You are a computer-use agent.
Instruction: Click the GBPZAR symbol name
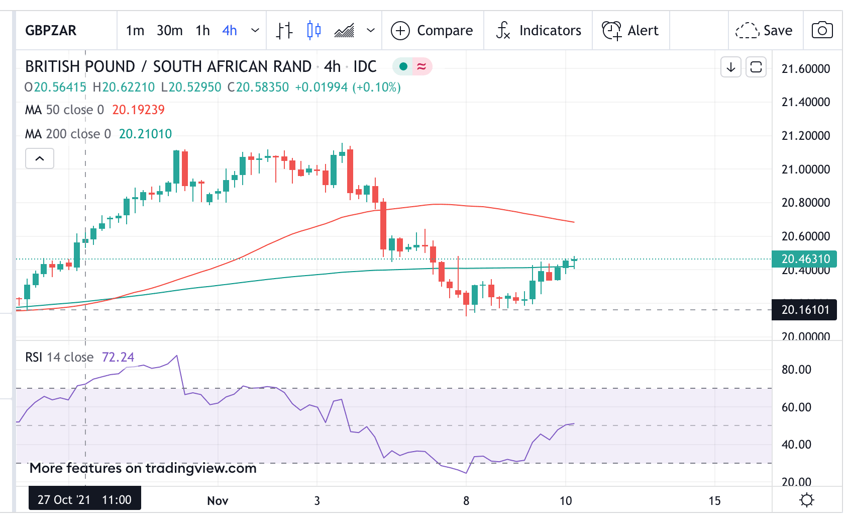click(x=51, y=31)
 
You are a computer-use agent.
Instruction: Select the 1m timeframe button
click(x=135, y=31)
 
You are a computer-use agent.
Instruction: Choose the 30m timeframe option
click(x=169, y=31)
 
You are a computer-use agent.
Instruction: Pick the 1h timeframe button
click(x=202, y=31)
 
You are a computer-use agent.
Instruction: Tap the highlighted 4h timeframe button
click(x=230, y=31)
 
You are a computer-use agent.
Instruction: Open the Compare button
click(x=432, y=31)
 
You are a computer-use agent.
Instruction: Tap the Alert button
click(x=630, y=31)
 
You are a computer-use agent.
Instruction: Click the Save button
click(x=764, y=31)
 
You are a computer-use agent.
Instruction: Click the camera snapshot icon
click(x=822, y=31)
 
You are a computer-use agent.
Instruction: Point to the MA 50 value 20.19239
click(x=138, y=110)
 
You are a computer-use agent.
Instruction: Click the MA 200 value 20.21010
click(x=145, y=134)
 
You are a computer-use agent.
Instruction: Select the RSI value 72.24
click(x=118, y=357)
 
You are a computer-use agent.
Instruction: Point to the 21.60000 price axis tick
click(x=806, y=69)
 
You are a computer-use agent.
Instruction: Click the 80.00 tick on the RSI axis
click(x=796, y=370)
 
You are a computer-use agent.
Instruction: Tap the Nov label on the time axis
click(x=218, y=501)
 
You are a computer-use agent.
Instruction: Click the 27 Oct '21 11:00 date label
click(x=84, y=499)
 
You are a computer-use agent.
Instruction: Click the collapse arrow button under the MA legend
click(x=40, y=159)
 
